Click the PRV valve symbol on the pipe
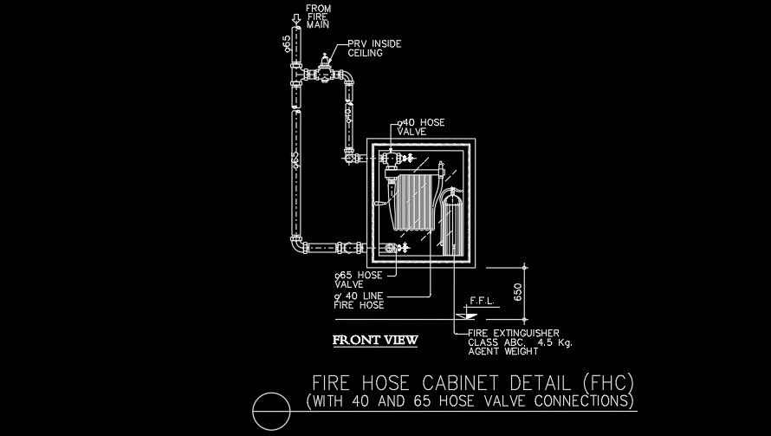coord(323,68)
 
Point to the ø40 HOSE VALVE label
coord(420,128)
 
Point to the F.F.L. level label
coord(481,302)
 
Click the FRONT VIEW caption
coord(375,340)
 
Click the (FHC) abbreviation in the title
coord(609,382)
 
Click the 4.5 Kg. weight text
coord(554,342)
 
